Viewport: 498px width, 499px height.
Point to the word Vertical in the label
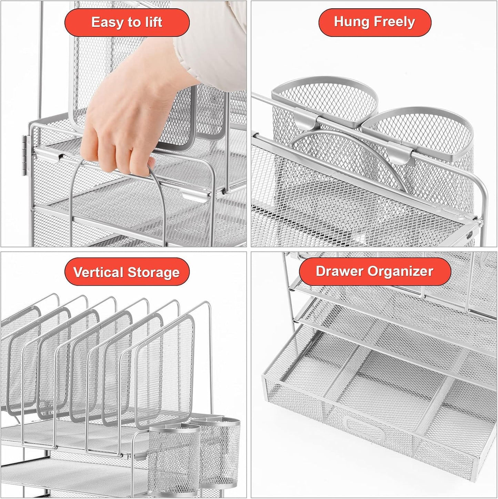tap(98, 272)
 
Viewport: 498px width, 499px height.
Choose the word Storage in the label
tap(154, 273)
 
